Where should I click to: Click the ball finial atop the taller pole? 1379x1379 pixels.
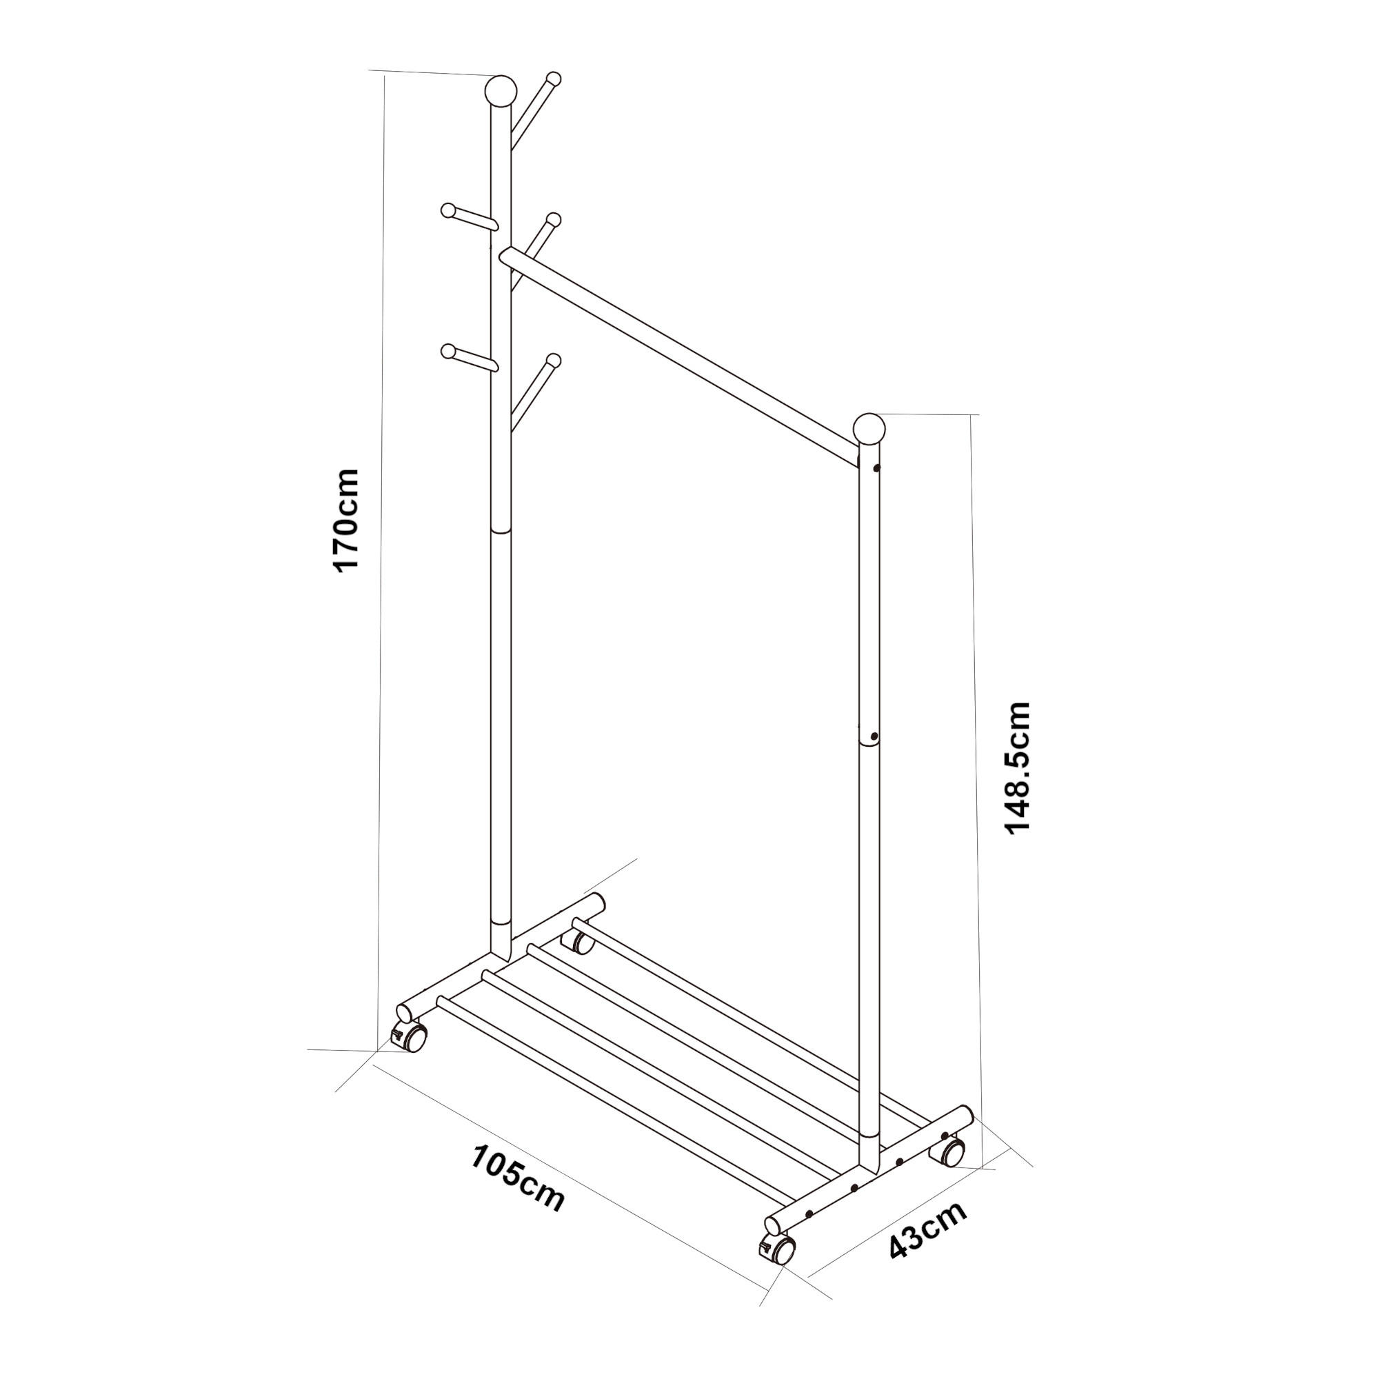pos(500,90)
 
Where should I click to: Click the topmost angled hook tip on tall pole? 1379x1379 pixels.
pos(553,78)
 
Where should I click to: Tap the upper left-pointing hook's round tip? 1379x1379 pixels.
pos(448,210)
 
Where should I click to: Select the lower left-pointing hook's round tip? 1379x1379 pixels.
pos(448,351)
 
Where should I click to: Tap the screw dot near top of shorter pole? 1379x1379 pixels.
pos(876,469)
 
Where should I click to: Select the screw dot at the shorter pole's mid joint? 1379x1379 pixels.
pos(874,736)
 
